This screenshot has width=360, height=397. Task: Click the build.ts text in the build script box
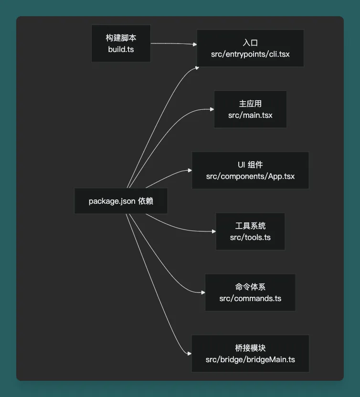click(x=121, y=49)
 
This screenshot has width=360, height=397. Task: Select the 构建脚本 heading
click(x=121, y=38)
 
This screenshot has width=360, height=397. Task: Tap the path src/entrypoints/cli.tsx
click(x=250, y=54)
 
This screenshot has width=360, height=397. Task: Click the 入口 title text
click(x=250, y=43)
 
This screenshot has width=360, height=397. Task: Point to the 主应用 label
click(x=250, y=104)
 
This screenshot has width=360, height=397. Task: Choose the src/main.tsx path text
click(x=250, y=115)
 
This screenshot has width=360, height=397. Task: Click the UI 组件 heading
click(x=250, y=165)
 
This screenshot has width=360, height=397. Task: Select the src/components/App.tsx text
click(x=250, y=176)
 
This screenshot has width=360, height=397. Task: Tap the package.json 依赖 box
click(x=121, y=201)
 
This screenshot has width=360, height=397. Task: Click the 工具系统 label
click(x=250, y=226)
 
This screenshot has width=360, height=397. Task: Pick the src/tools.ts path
click(x=250, y=237)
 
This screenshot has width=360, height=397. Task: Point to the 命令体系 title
click(x=250, y=287)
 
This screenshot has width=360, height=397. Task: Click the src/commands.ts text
click(x=250, y=299)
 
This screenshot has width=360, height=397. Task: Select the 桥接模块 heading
click(x=250, y=348)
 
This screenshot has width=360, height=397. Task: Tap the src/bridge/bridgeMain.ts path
click(x=250, y=359)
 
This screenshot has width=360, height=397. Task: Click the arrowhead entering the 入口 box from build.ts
click(x=195, y=44)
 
